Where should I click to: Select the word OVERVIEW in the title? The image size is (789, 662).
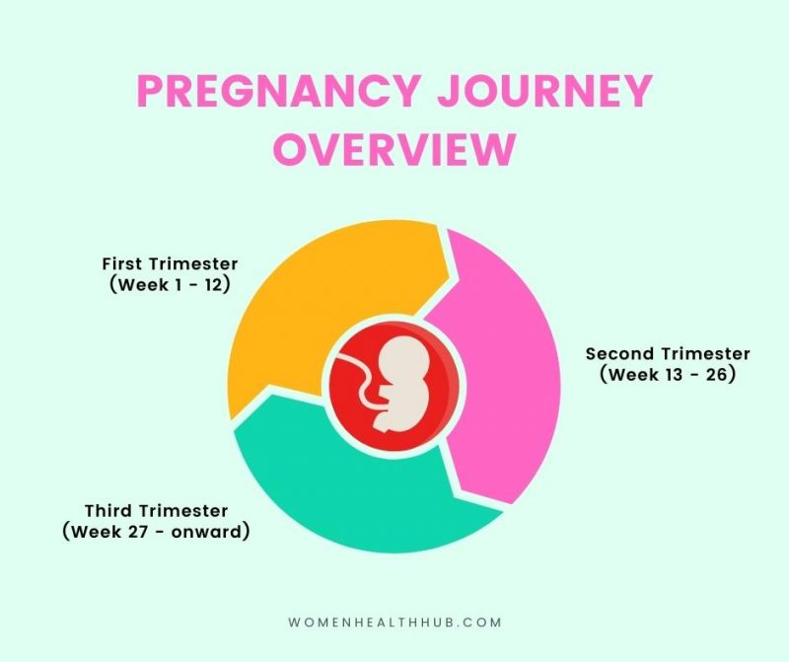click(394, 149)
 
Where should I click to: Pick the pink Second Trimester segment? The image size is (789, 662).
click(503, 385)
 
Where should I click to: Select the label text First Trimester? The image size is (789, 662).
click(170, 264)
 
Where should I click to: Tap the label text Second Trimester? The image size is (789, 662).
click(668, 354)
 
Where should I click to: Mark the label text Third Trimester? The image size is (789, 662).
click(156, 511)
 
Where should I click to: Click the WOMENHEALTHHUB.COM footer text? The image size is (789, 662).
click(394, 623)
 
